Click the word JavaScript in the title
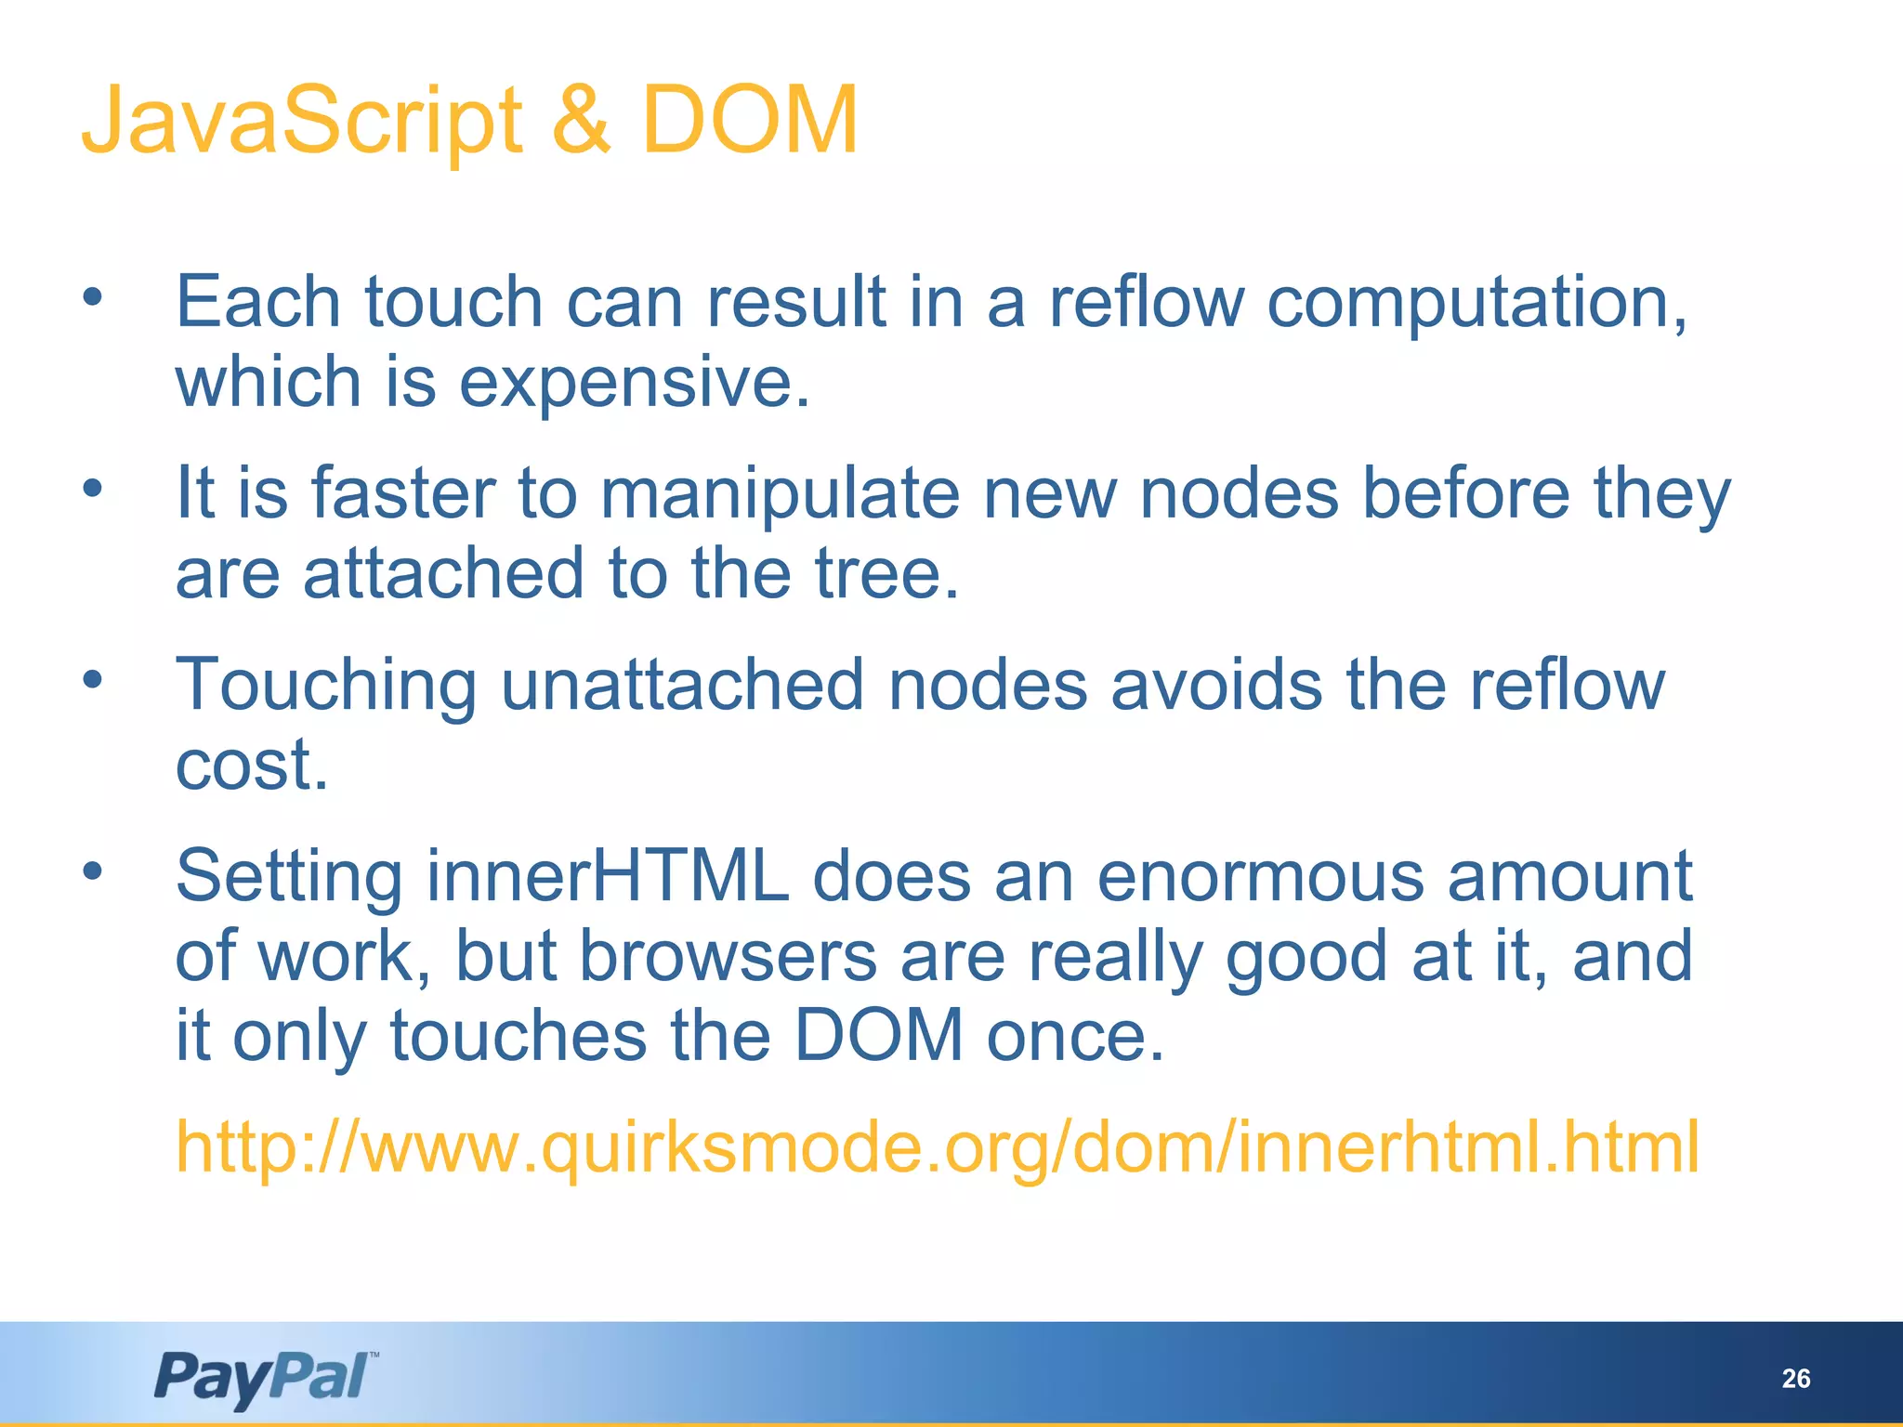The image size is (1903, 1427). pyautogui.click(x=302, y=121)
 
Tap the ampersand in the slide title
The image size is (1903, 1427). pyautogui.click(x=582, y=121)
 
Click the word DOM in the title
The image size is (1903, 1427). pyautogui.click(x=749, y=121)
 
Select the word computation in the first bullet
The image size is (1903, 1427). pyautogui.click(x=1476, y=302)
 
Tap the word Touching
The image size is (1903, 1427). pyautogui.click(x=326, y=686)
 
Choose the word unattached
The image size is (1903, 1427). pyautogui.click(x=683, y=685)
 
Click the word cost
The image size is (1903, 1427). pyautogui.click(x=252, y=766)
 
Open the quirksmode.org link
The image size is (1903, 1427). pyautogui.click(x=938, y=1147)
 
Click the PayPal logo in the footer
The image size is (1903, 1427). pyautogui.click(x=266, y=1378)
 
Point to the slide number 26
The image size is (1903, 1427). pyautogui.click(x=1796, y=1379)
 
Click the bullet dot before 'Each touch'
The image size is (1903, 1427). pyautogui.click(x=92, y=297)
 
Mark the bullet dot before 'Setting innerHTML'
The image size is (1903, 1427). pyautogui.click(x=92, y=871)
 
